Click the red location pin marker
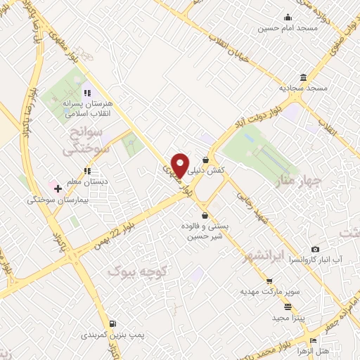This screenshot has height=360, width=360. (180, 164)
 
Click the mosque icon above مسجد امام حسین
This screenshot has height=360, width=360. (288, 18)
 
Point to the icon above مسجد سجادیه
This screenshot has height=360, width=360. (303, 77)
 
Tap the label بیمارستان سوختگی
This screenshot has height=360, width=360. (56, 200)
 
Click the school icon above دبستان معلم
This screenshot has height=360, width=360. (86, 171)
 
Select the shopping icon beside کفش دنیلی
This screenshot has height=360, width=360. (205, 160)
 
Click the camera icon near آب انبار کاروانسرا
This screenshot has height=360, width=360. (314, 249)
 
